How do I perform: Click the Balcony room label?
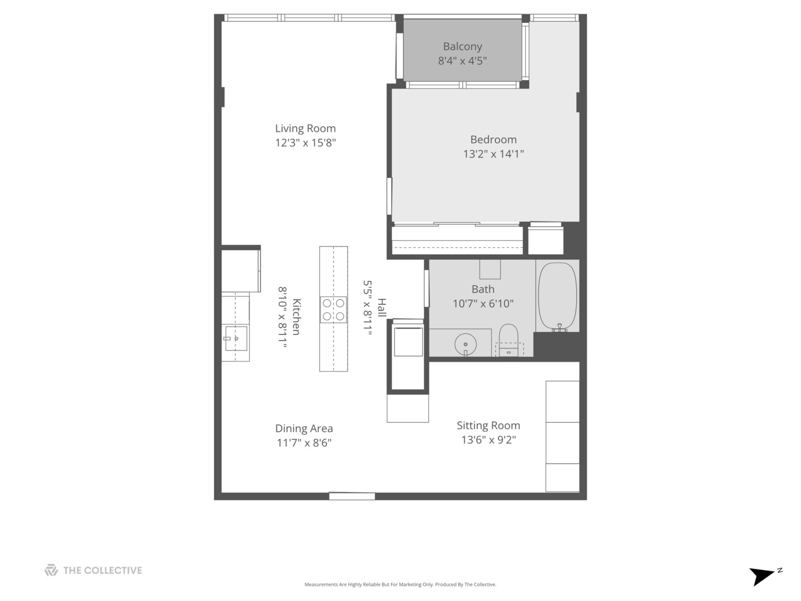462,47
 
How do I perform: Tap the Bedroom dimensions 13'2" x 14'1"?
493,154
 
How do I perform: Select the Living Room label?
305,129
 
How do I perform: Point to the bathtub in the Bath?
557,296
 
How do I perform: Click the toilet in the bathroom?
508,338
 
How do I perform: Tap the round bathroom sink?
465,344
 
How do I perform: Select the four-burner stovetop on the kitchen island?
333,310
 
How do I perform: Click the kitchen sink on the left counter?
236,338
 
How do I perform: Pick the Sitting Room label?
488,426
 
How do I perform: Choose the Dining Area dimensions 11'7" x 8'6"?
304,443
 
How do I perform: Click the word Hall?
382,308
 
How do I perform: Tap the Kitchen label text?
296,317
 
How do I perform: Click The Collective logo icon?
51,570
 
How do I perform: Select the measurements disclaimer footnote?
400,585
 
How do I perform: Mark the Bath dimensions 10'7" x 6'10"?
483,304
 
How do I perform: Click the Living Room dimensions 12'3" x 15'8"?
305,143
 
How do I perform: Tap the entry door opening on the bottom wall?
352,496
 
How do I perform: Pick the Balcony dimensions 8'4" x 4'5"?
462,61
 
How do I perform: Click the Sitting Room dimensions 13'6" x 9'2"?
488,440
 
